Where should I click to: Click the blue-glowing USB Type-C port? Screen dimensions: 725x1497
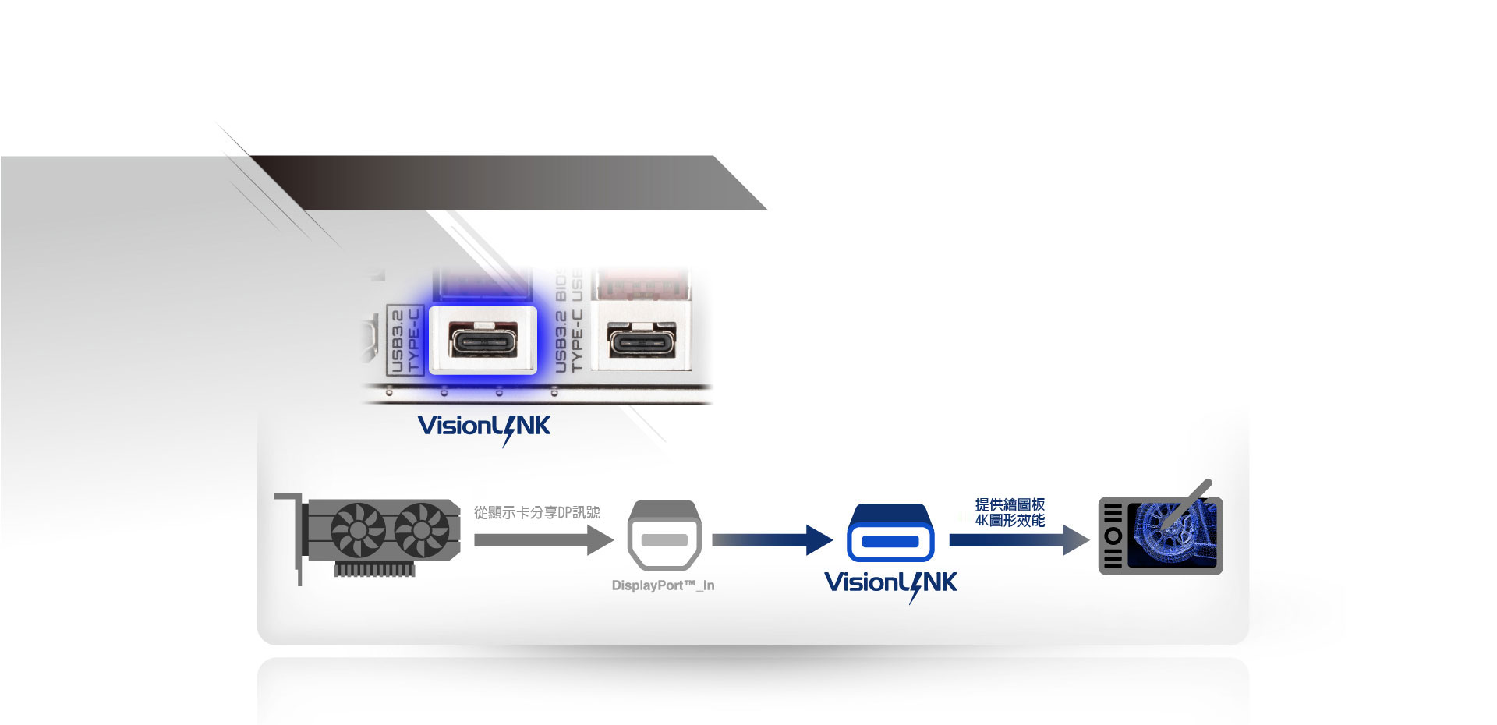[483, 341]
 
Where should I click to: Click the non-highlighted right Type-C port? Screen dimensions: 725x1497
[641, 341]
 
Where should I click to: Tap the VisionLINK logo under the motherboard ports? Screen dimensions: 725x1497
[484, 427]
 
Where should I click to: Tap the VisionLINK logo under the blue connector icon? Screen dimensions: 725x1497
[890, 584]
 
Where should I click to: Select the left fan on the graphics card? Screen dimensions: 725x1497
[358, 530]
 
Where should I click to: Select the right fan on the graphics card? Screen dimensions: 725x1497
[421, 530]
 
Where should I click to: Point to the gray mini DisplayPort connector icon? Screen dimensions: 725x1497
[664, 536]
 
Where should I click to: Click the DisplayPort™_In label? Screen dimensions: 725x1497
[663, 585]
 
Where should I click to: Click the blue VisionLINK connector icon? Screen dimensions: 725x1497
[890, 534]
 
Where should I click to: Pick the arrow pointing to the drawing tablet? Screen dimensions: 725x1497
[1018, 539]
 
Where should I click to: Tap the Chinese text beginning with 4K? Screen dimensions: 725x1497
[1010, 520]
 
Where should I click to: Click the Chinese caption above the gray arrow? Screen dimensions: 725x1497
[537, 512]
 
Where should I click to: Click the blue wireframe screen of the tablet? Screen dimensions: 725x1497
[1171, 536]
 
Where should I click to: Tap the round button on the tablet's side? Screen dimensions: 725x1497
[1113, 536]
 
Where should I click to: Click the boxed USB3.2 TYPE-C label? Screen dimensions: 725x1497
[405, 341]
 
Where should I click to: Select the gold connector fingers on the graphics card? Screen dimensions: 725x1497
[374, 570]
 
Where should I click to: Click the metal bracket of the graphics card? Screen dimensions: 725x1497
[297, 538]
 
